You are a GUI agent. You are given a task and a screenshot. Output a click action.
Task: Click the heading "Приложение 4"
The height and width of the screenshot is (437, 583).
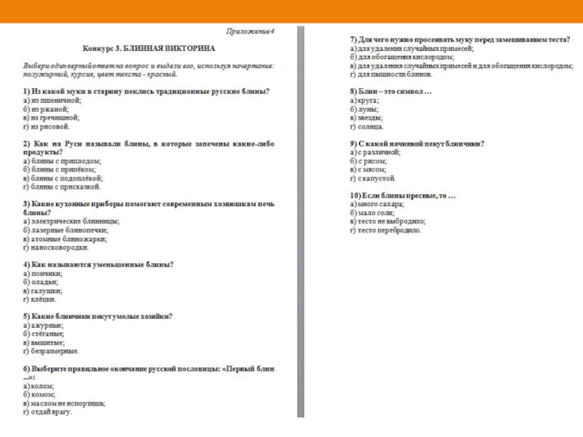point(250,31)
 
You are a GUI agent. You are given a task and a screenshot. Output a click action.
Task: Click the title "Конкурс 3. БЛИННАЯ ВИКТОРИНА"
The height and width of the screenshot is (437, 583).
point(149,48)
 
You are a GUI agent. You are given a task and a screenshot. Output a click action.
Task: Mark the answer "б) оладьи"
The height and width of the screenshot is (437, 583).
point(37,281)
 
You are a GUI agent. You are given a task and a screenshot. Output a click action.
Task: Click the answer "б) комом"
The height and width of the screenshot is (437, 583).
point(36,394)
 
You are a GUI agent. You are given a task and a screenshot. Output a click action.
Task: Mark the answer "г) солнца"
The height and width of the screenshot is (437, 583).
point(367,126)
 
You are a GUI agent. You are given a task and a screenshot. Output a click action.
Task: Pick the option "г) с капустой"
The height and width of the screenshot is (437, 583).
point(372,178)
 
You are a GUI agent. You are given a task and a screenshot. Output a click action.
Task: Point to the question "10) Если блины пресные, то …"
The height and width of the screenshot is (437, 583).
point(402,196)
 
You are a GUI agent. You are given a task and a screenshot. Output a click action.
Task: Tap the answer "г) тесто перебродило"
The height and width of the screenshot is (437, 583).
point(386,230)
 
